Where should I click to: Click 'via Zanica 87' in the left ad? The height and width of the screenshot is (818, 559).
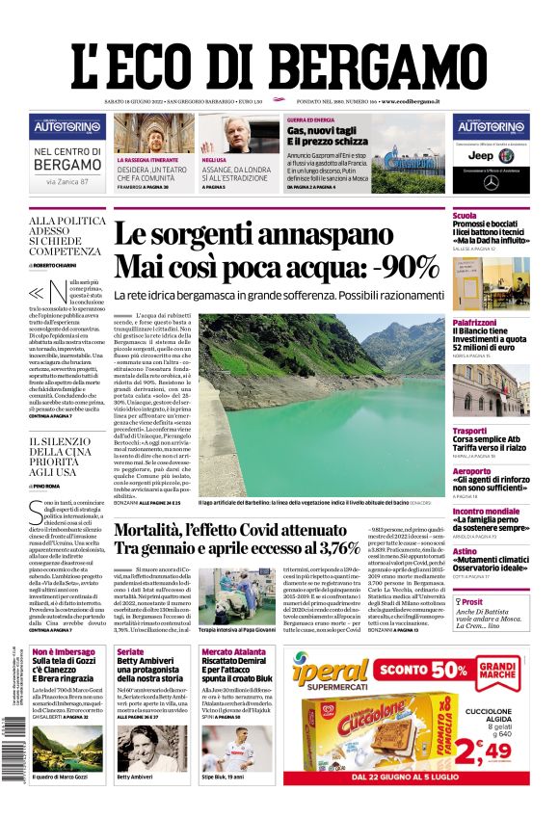(67, 180)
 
